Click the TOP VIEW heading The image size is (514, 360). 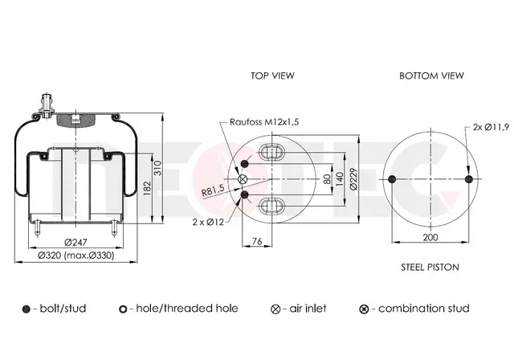coord(272,76)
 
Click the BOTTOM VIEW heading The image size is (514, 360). coord(431,76)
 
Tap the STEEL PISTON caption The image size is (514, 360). coord(430,268)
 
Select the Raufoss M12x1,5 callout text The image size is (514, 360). coord(264,122)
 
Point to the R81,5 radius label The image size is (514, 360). coord(213,190)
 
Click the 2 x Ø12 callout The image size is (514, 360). coord(208,223)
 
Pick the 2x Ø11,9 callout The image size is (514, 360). coord(491,127)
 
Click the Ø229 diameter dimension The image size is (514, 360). coord(353,179)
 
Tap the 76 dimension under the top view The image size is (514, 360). coord(257,241)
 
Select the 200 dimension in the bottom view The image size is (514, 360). coord(430,237)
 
